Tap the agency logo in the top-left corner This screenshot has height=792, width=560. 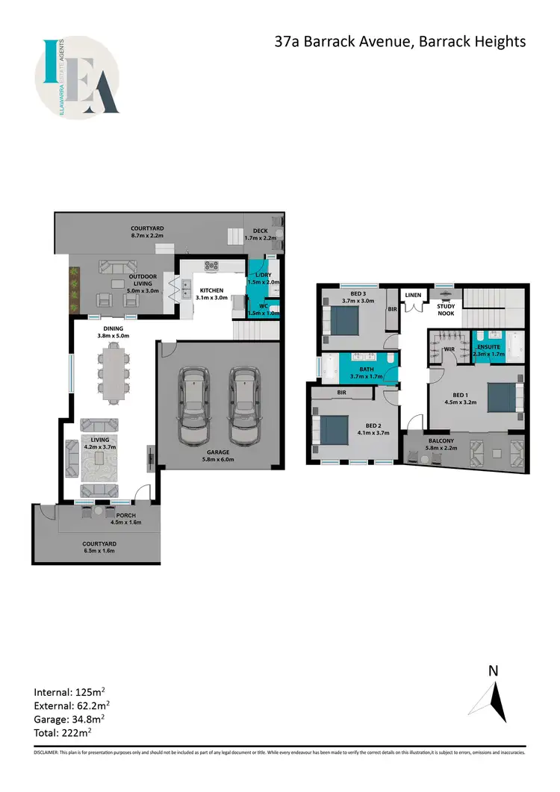(x=77, y=78)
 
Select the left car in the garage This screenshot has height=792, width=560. (x=193, y=404)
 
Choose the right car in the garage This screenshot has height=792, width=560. (x=243, y=404)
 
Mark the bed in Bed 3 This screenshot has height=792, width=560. (x=343, y=321)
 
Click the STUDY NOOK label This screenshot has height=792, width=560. (x=447, y=308)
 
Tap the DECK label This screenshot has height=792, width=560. (x=261, y=231)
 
